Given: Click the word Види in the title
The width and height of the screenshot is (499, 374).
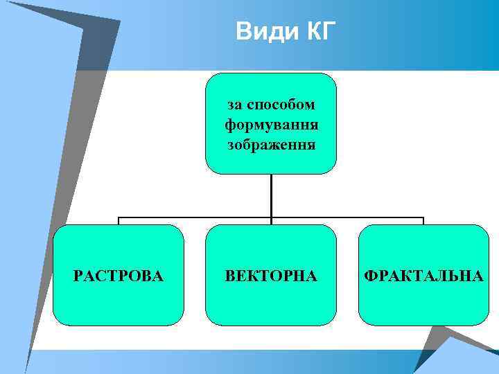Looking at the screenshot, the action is click(265, 32).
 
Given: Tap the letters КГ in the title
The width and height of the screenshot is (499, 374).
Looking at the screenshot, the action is click(318, 32).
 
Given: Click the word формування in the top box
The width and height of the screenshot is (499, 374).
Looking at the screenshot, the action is click(271, 125).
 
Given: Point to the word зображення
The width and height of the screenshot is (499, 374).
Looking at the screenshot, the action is click(271, 145).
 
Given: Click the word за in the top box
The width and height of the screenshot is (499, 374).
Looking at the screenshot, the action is click(236, 105).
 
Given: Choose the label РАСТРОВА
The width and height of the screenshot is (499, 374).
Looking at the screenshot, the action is click(119, 276).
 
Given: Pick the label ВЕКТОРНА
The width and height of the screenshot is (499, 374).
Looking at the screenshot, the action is click(271, 276).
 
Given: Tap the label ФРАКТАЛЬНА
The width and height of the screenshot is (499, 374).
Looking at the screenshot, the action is click(423, 276).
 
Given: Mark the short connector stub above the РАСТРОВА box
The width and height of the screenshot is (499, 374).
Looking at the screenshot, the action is click(119, 221).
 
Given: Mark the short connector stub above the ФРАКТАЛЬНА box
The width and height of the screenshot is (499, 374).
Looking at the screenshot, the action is click(423, 221).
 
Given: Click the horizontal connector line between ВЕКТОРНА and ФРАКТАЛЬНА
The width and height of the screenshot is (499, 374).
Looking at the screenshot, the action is click(347, 217).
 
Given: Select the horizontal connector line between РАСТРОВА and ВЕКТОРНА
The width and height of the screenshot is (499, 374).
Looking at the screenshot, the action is click(194, 217).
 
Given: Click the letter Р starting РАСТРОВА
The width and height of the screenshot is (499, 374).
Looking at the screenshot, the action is click(78, 276).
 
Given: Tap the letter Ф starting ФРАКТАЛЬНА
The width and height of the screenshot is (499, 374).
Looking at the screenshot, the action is click(370, 276).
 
